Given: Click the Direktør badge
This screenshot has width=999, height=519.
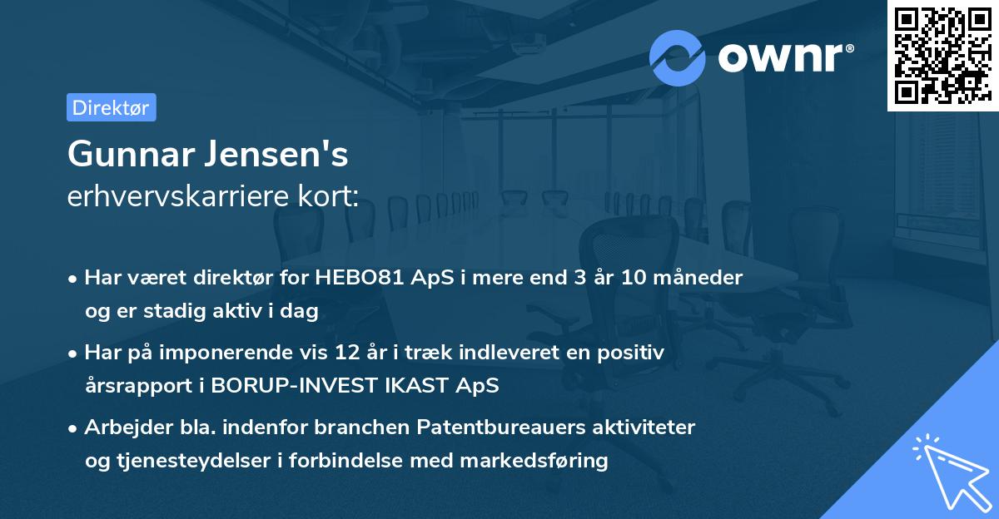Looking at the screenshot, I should click(111, 107).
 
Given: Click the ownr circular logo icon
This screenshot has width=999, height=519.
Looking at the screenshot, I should click(678, 57).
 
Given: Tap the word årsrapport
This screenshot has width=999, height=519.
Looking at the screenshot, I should click(132, 386).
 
